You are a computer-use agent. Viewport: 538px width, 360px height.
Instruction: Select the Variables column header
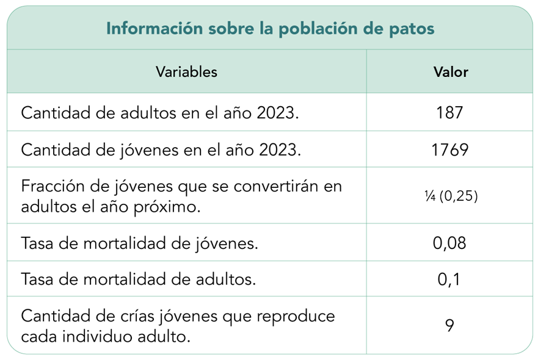(186, 72)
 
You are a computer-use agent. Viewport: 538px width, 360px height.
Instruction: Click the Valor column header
(451, 72)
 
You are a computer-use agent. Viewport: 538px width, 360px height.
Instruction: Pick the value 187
(449, 112)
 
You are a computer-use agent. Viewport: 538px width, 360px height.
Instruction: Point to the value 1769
(449, 149)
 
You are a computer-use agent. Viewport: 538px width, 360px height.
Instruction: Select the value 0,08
(449, 243)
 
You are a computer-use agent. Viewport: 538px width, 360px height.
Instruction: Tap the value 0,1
(449, 279)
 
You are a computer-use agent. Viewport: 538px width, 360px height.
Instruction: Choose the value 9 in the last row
(449, 326)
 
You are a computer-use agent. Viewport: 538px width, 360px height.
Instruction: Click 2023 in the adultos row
(273, 113)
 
